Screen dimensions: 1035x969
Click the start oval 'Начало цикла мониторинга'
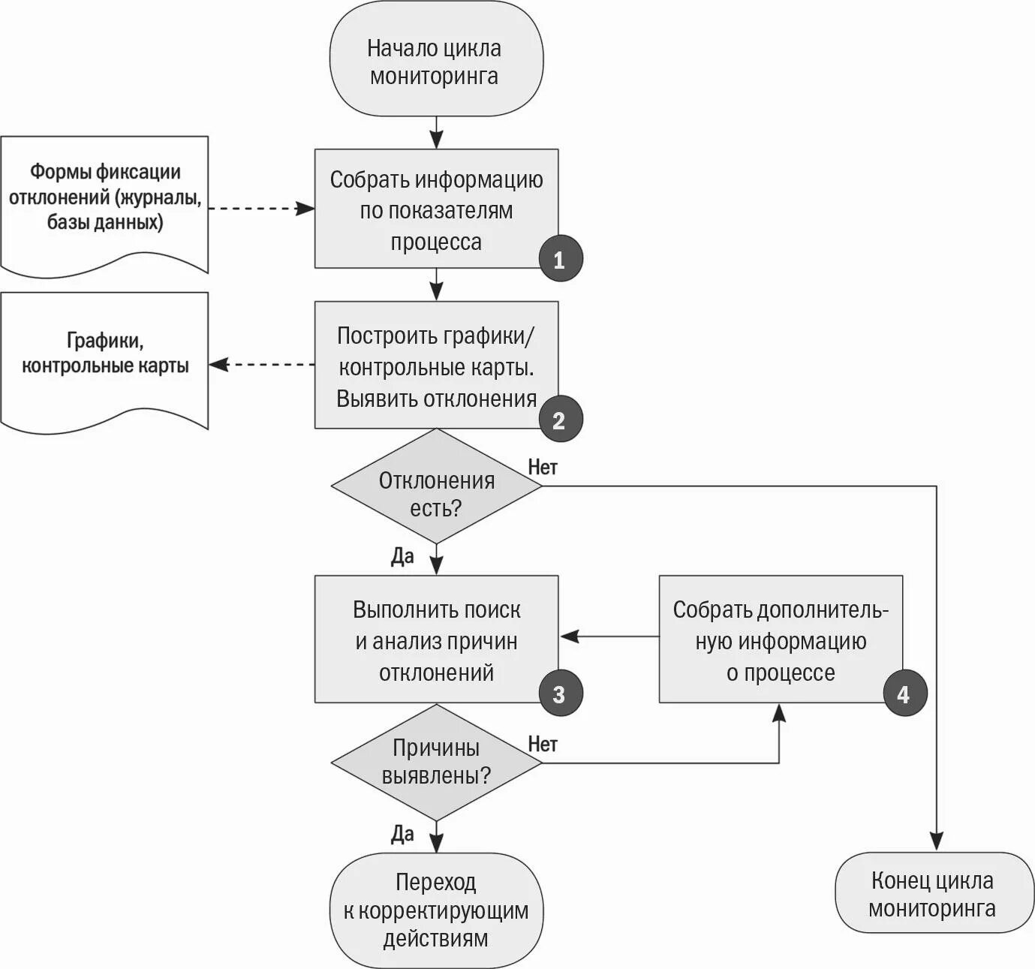[436, 59]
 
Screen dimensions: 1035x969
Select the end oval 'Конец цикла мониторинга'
[934, 892]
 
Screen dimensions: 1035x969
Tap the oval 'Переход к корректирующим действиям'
[436, 910]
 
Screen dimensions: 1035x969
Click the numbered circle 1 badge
[560, 258]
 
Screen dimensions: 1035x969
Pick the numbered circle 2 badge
[560, 419]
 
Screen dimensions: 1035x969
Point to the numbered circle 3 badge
[560, 693]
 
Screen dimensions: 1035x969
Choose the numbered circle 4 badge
[904, 693]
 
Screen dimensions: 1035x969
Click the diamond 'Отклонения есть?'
[436, 486]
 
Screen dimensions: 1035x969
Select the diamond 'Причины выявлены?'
[436, 763]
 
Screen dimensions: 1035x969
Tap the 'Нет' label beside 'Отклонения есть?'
[543, 468]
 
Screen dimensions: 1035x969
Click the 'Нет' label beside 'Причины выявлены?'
[543, 745]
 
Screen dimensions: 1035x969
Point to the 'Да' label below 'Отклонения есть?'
[402, 556]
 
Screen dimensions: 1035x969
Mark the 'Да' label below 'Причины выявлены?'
[402, 834]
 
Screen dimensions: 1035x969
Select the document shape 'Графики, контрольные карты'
[104, 360]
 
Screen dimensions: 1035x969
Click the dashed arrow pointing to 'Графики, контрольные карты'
[262, 364]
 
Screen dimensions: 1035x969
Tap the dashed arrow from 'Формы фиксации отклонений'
[262, 209]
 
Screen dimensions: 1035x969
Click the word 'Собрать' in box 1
[369, 180]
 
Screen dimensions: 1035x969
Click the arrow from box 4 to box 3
[609, 636]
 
